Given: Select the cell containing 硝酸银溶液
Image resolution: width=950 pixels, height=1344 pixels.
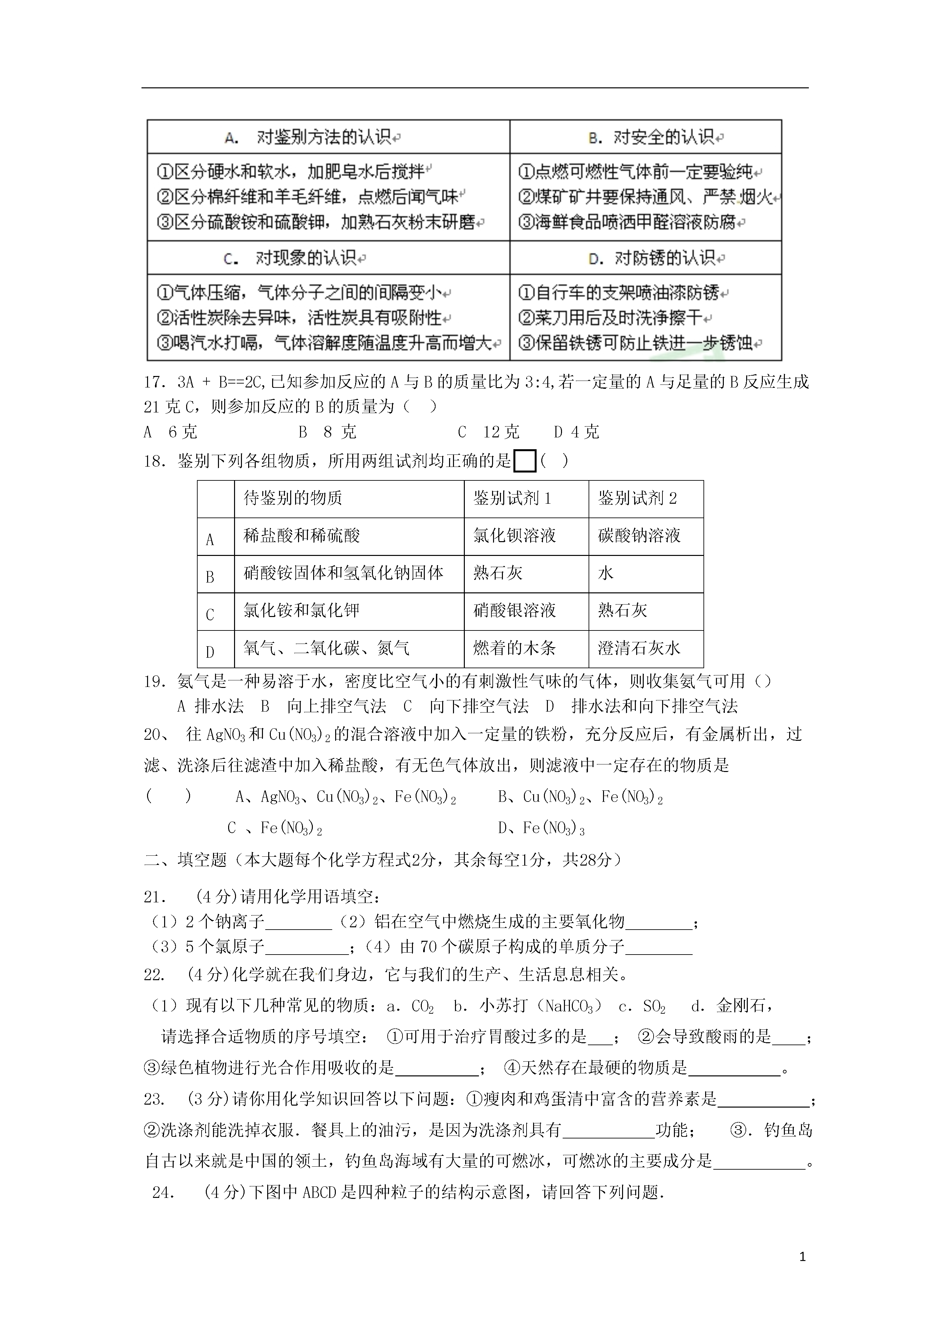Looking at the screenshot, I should coord(514,610).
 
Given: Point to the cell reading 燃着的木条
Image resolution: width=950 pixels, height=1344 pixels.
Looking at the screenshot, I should coord(514,648).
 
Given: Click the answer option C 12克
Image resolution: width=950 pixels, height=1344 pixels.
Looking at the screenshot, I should coord(489,432).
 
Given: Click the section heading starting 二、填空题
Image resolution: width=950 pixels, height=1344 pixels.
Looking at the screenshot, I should coord(383,859).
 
